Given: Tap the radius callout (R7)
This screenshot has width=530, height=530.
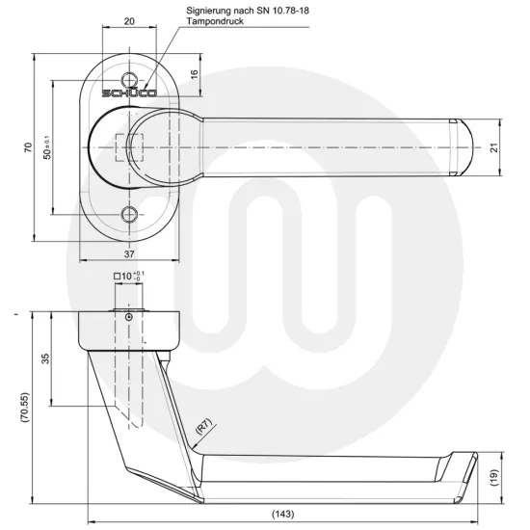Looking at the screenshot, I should pos(203,423).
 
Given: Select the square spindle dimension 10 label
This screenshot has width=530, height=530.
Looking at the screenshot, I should pos(130,277).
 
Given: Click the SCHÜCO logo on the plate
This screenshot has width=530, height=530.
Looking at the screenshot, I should pos(130,94).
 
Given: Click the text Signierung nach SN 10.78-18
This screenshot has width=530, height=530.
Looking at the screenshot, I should pos(242,9).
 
